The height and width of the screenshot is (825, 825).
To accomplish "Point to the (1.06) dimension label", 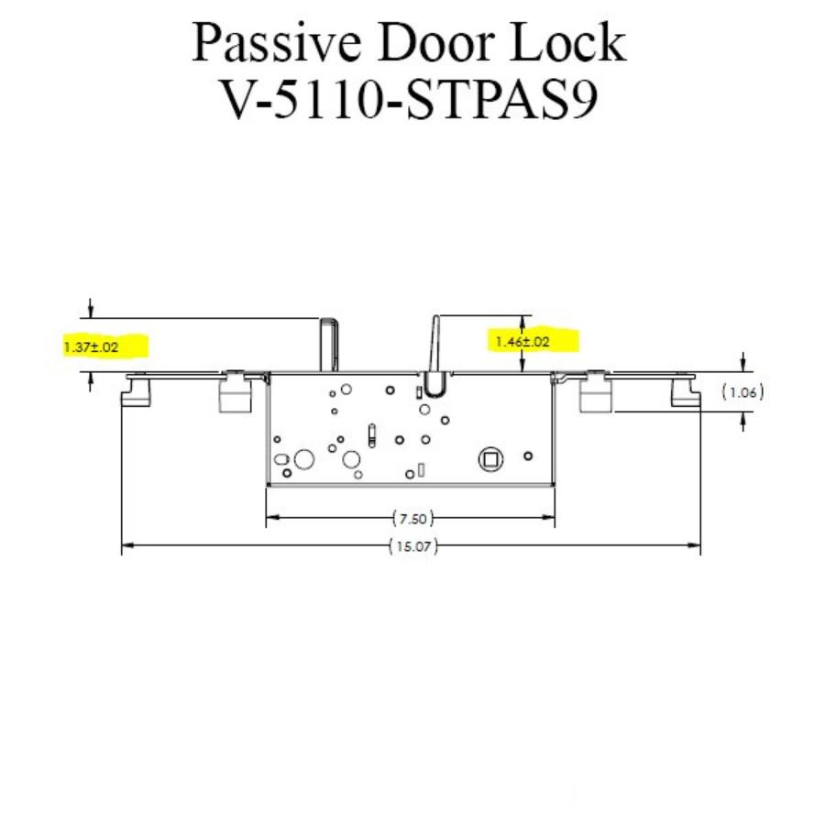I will click(x=742, y=393).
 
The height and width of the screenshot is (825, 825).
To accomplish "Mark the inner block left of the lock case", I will click(x=233, y=393).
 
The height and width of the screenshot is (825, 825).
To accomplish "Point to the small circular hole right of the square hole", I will click(x=527, y=456).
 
